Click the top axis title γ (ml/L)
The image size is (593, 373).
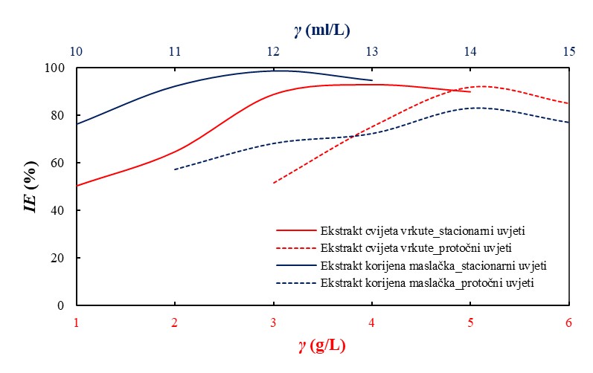pos(321,30)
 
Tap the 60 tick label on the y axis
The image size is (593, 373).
pos(59,163)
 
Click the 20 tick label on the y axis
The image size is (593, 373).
pos(59,258)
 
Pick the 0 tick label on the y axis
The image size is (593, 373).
pos(62,305)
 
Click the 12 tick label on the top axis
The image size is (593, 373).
pos(273,52)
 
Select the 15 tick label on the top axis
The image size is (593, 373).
pos(569,52)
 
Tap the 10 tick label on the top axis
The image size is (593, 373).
pos(76,52)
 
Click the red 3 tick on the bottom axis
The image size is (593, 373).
pos(273,322)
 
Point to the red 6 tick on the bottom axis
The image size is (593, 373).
pos(569,322)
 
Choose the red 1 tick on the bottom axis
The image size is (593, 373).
pos(76,322)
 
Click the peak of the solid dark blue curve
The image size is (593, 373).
pos(277,71)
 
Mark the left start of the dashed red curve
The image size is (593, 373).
pos(274,183)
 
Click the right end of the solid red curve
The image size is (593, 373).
pos(470,91)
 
